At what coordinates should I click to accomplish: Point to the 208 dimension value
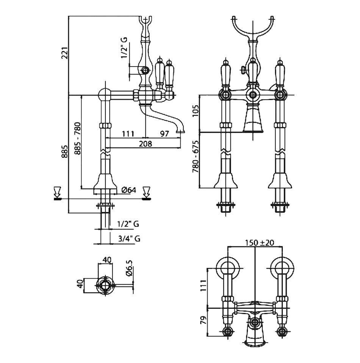coord(146,143)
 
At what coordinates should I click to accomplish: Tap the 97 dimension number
coord(164,134)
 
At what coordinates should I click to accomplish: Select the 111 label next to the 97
coord(128,134)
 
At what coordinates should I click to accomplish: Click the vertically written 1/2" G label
coord(124,48)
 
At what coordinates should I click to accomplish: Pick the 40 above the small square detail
coord(107,260)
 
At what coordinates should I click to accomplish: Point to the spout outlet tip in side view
coord(180,132)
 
